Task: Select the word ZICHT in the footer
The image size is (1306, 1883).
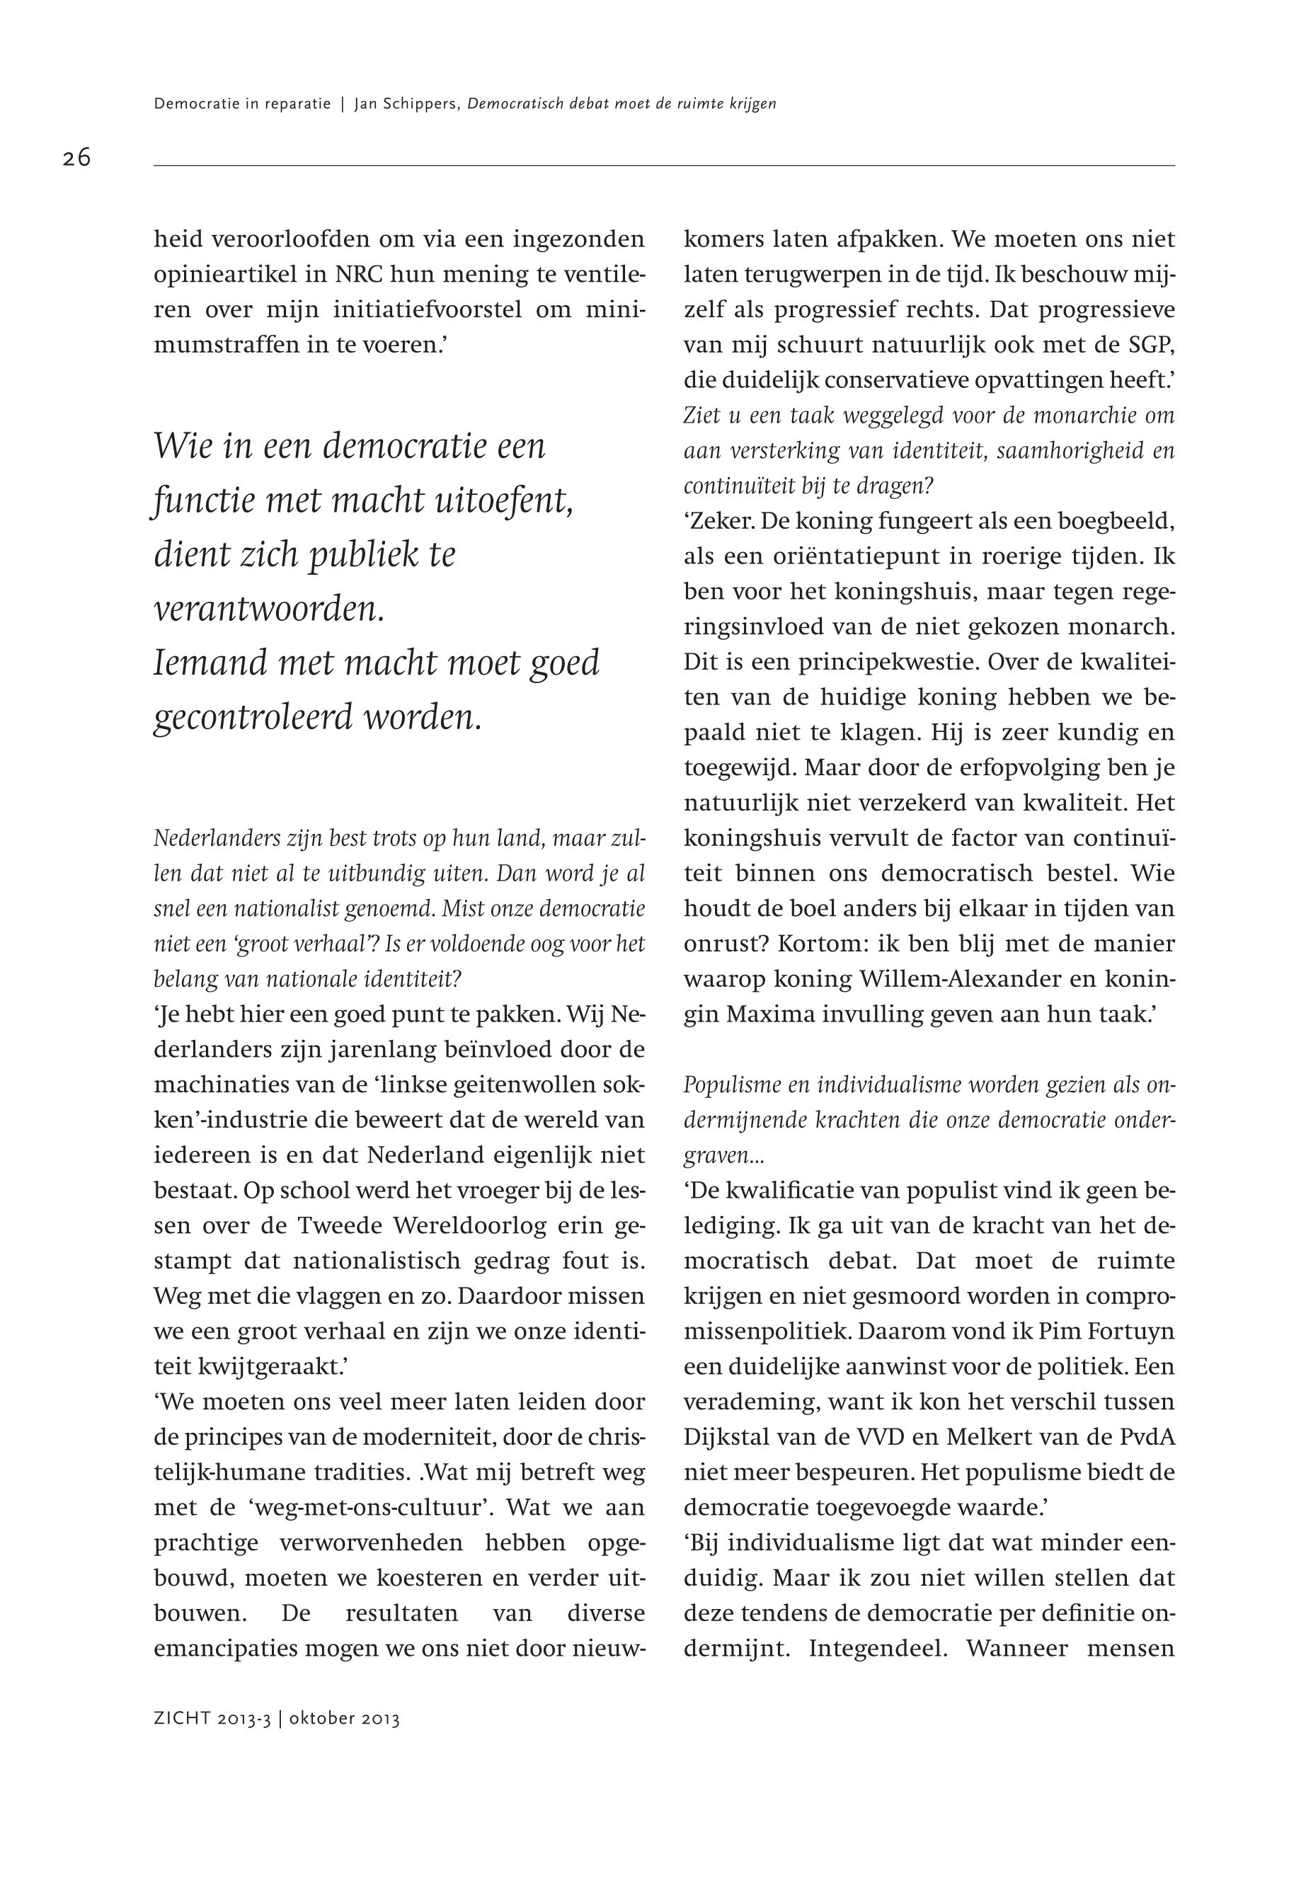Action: pos(183,1719)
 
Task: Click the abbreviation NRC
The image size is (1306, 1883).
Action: pos(359,275)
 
